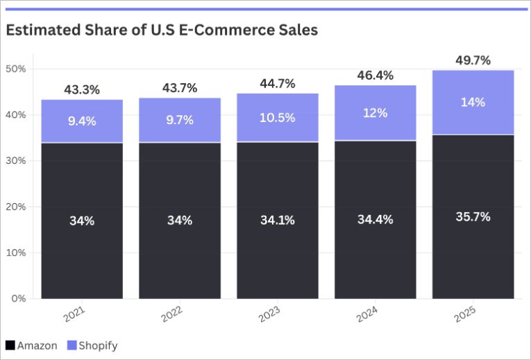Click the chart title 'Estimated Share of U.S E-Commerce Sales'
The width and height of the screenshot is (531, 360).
click(162, 31)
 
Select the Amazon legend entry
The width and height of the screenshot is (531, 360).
click(32, 345)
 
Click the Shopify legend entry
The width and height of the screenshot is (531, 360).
click(93, 345)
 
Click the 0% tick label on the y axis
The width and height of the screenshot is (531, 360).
click(18, 299)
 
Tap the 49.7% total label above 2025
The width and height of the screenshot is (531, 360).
click(473, 60)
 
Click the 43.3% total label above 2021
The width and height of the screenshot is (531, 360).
click(82, 89)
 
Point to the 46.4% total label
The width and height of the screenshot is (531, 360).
click(375, 75)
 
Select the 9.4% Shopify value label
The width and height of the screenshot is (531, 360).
click(82, 121)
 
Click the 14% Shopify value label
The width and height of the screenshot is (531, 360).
click(473, 102)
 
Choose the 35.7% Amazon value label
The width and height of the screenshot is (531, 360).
click(473, 216)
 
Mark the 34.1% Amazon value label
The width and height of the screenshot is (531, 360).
click(278, 220)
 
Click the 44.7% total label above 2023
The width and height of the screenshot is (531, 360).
click(278, 83)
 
